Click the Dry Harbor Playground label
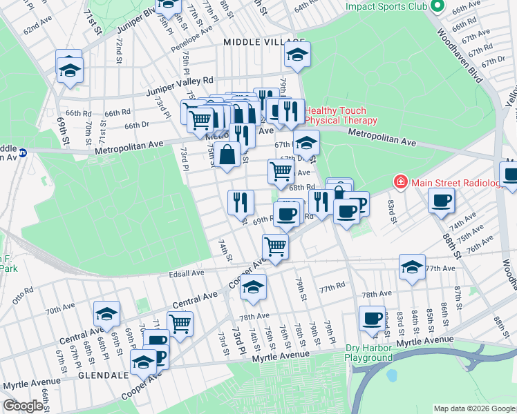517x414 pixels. (x=369, y=353)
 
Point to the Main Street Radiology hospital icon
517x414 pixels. (x=399, y=182)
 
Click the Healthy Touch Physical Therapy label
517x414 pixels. (x=336, y=115)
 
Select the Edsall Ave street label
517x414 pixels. (x=187, y=273)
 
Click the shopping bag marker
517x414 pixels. (x=227, y=155)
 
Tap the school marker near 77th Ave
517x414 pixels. (x=412, y=267)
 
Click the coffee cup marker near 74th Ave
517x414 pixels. (x=441, y=201)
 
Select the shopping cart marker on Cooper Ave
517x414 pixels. (x=275, y=246)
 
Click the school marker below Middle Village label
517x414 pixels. (x=298, y=55)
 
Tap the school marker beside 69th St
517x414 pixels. (x=70, y=70)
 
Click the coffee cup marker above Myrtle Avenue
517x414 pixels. (x=372, y=317)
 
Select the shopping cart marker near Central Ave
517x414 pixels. (x=180, y=322)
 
